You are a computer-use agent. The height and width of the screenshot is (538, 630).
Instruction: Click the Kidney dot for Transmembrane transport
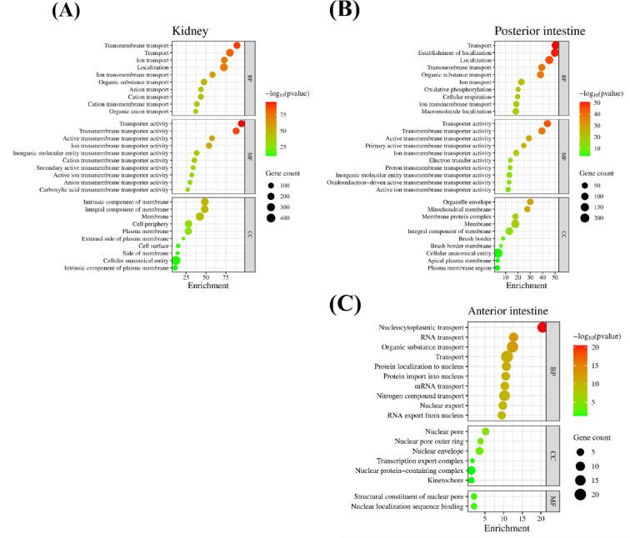coord(237,46)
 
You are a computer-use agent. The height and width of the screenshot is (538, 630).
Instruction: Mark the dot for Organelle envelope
coord(530,202)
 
